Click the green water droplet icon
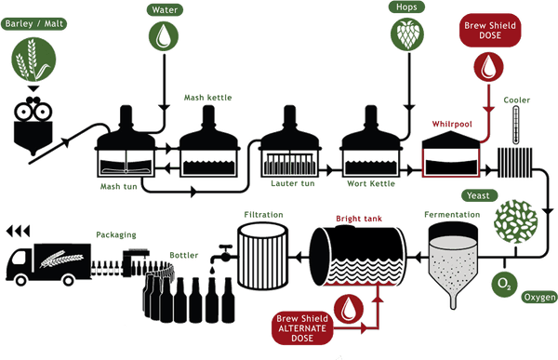(x=164, y=35)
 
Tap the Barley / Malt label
(x=34, y=24)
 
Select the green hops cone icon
(x=407, y=33)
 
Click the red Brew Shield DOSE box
(x=490, y=31)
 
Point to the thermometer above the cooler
(x=515, y=126)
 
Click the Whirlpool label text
(x=452, y=125)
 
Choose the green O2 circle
(x=504, y=284)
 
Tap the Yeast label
(x=478, y=195)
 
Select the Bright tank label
(x=359, y=219)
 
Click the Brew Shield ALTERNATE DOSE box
(x=302, y=328)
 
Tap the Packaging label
(x=116, y=235)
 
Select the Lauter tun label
(x=293, y=184)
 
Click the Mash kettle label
(x=207, y=98)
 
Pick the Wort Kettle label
(x=371, y=184)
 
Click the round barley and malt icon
(x=33, y=60)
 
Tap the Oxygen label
(x=539, y=297)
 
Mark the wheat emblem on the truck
(x=61, y=259)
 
